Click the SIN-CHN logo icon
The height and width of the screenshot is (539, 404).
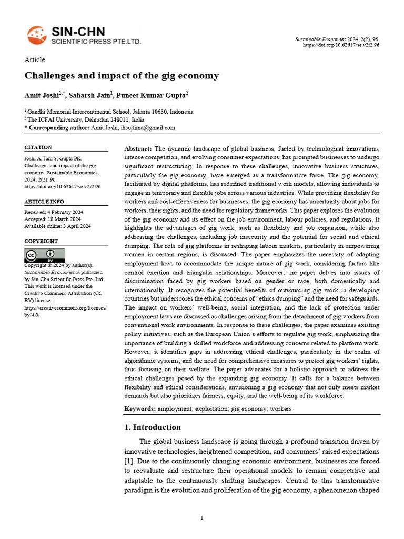click(36, 35)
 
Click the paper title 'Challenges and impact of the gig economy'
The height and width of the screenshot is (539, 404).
click(122, 76)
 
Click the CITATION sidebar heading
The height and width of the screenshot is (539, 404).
click(38, 148)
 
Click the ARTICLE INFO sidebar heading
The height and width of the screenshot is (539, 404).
click(44, 202)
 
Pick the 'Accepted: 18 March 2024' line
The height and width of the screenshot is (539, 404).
click(53, 219)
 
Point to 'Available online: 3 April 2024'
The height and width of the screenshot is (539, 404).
click(58, 226)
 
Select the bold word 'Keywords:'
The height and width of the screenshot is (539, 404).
click(140, 409)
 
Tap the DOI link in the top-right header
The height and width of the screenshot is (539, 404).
click(341, 45)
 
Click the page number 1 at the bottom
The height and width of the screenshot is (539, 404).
click(202, 518)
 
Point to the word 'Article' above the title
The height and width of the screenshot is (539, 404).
click(35, 60)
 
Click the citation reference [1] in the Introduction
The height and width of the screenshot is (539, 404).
click(130, 461)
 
